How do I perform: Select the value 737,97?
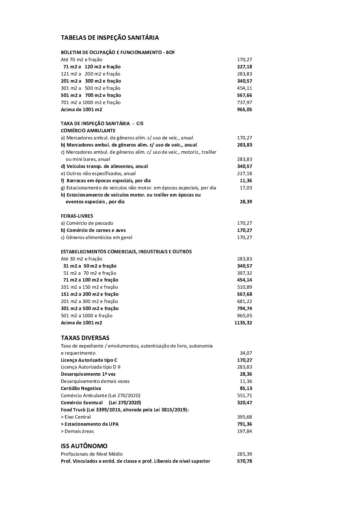coord(244,102)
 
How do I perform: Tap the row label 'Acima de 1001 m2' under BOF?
coord(81,109)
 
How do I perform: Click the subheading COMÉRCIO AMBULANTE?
coord(88,131)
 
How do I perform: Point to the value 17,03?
coord(246,188)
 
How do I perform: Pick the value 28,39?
coord(246,202)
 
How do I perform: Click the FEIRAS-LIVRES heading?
coord(77,216)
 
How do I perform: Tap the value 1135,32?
coord(243,323)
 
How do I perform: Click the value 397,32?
coord(244,273)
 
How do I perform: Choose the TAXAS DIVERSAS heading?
coord(85,338)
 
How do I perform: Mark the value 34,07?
coord(246,353)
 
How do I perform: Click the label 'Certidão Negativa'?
coord(81,388)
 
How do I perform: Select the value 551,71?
coord(244,395)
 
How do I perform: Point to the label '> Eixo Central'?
coord(76,417)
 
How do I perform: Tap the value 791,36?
coord(244,424)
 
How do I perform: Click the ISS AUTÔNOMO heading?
coord(84,446)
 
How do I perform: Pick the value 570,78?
coord(244,461)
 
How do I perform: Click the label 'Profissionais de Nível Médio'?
coord(92,454)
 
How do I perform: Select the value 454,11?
coord(244,88)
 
